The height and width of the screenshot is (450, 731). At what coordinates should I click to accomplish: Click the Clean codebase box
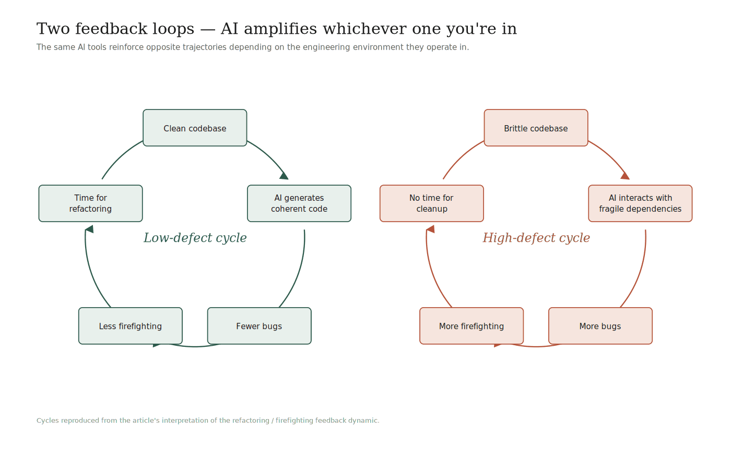[195, 128]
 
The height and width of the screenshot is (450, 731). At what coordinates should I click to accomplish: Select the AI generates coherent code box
[299, 203]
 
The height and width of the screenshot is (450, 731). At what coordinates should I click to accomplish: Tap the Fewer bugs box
[259, 326]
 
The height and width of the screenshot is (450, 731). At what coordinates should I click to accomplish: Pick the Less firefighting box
[131, 326]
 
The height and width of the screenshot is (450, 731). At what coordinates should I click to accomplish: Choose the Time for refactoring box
[90, 203]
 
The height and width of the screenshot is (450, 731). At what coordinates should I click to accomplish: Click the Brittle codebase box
[536, 128]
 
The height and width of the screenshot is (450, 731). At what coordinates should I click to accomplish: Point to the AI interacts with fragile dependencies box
[640, 203]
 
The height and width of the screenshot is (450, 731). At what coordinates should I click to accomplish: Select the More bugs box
[600, 326]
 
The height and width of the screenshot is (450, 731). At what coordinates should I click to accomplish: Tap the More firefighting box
[471, 326]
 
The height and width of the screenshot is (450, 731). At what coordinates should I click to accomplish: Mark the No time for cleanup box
[431, 203]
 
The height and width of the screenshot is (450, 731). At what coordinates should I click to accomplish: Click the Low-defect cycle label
[195, 238]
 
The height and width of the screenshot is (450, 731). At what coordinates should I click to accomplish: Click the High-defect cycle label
[536, 238]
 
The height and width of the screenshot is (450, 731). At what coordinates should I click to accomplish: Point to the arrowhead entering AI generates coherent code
[284, 176]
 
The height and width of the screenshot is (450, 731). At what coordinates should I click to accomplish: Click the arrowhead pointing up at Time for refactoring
[89, 229]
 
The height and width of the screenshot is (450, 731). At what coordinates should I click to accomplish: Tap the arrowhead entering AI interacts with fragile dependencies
[625, 176]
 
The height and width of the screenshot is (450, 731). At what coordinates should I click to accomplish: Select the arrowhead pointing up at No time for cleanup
[430, 229]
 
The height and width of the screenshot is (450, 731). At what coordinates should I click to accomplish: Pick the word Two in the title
[50, 29]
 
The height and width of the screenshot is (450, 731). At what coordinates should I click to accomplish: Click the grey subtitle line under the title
[253, 47]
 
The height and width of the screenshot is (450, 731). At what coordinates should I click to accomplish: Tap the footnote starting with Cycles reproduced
[208, 420]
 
